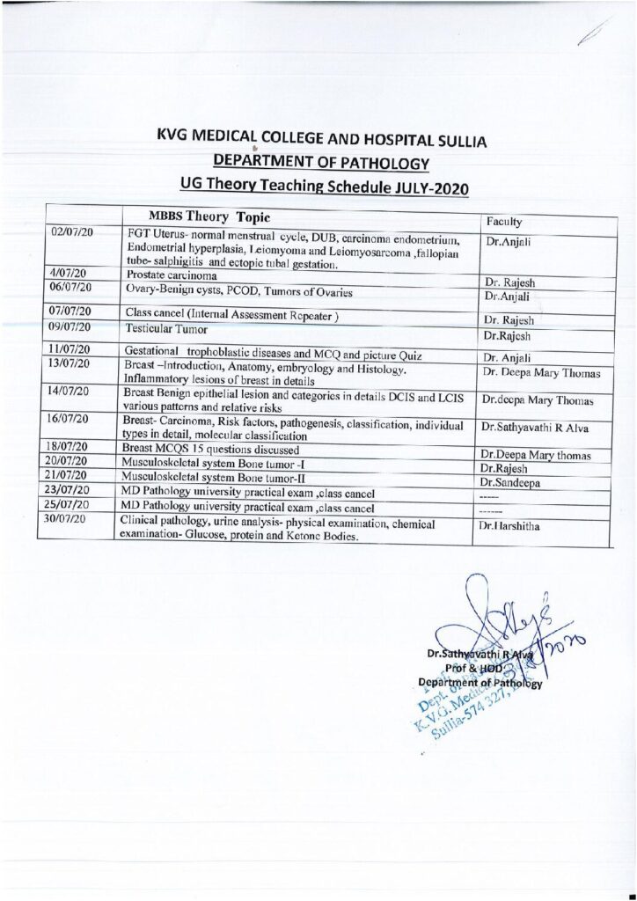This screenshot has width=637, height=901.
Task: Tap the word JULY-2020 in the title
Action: [x=428, y=188]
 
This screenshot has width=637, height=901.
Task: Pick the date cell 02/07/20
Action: [x=74, y=231]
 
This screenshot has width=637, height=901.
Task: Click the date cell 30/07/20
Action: [x=74, y=521]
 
